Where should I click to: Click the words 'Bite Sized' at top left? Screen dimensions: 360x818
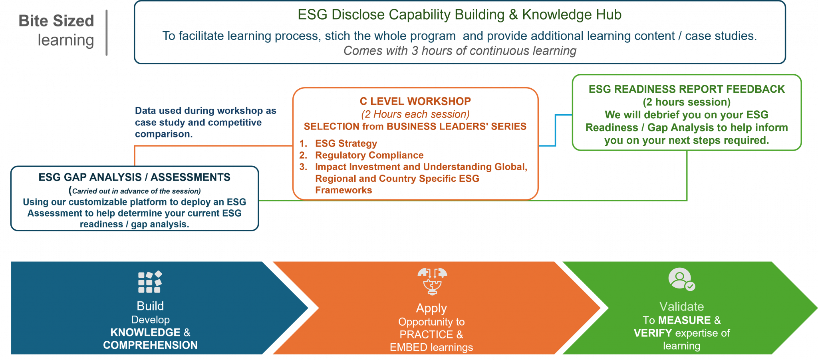pos(56,21)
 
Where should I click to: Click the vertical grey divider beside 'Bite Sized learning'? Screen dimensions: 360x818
pos(107,33)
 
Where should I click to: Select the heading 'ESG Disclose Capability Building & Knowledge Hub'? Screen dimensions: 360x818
pos(459,15)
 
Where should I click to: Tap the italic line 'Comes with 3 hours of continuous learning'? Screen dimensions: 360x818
pos(459,51)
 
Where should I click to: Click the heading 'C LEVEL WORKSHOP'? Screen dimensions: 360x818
pos(415,101)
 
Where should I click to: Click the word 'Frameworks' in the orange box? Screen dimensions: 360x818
pos(343,190)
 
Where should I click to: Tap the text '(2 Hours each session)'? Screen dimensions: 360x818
pos(415,114)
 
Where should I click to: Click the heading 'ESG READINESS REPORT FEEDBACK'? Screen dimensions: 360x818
pos(686,89)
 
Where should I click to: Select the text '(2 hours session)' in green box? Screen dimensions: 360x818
pos(686,102)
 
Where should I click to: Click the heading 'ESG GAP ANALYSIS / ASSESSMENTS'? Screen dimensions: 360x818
pos(134,177)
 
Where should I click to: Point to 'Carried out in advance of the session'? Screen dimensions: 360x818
pos(136,191)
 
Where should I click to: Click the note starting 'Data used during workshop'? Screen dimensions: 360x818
pos(205,122)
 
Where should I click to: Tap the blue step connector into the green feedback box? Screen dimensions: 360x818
pos(556,130)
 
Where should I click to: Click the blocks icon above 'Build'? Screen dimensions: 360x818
pos(150,282)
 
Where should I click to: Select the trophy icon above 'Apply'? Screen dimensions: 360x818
pos(432,281)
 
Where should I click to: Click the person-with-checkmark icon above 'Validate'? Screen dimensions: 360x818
pos(681,279)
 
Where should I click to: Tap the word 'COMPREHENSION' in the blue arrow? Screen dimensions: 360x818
pos(150,345)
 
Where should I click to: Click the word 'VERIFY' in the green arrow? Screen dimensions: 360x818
pos(653,333)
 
